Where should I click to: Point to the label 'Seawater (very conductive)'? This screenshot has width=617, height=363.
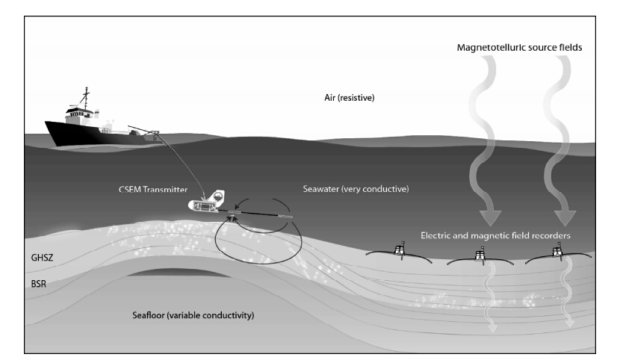(356, 189)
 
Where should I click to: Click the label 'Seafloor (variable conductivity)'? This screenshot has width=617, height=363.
(193, 315)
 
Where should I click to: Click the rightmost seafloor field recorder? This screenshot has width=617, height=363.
(556, 252)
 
